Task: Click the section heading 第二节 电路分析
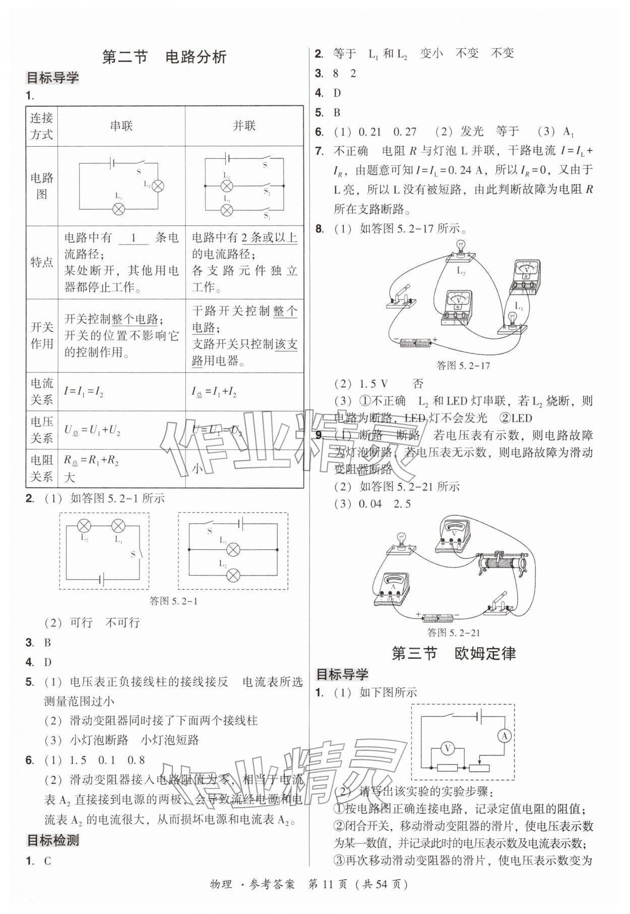(x=164, y=57)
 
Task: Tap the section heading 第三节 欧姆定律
(x=454, y=653)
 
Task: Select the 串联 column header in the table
(x=121, y=126)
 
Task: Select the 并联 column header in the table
(x=244, y=126)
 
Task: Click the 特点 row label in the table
(x=42, y=262)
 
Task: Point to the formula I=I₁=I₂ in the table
(x=84, y=391)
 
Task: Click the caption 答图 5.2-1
(x=173, y=600)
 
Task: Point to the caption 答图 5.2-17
(x=463, y=365)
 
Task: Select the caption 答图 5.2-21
(x=453, y=632)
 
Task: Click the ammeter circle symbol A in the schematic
(x=504, y=737)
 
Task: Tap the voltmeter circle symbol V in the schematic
(x=447, y=749)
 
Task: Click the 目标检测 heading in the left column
(x=52, y=840)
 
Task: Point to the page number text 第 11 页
(x=328, y=898)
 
